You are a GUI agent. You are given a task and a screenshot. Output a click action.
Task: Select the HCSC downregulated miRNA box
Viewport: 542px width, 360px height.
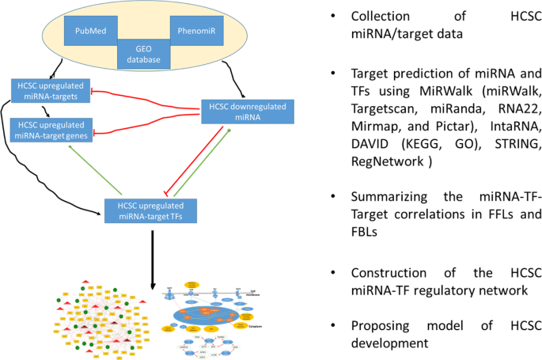[x=242, y=111]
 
